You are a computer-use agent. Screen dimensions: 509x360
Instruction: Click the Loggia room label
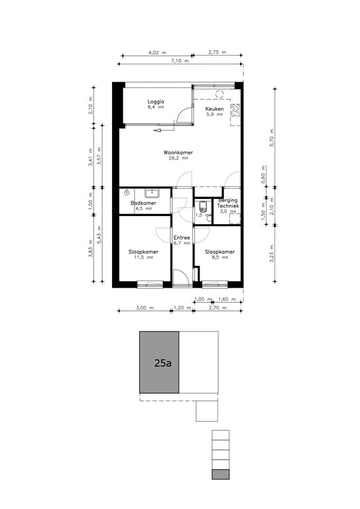[x=155, y=101]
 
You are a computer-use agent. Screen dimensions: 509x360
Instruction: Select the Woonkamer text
[x=178, y=152]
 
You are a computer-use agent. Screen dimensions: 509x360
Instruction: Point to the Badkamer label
[x=143, y=203]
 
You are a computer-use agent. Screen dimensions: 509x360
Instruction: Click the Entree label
[x=181, y=238]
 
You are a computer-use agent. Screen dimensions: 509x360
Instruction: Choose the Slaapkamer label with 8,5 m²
[x=219, y=252]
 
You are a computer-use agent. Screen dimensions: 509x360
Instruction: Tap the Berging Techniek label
[x=229, y=203]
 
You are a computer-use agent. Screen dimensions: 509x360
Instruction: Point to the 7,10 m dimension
[x=180, y=62]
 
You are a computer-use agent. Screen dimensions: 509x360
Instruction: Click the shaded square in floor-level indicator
[x=221, y=474]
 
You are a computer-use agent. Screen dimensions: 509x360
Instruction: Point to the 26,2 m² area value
[x=178, y=159]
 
